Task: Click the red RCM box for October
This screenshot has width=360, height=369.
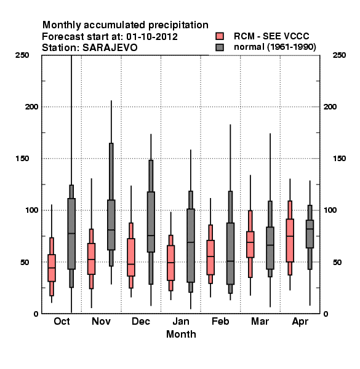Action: (52, 268)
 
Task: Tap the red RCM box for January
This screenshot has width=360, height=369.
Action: (170, 263)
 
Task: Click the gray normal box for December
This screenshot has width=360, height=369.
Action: (151, 222)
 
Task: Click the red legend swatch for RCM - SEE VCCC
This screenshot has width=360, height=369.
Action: (220, 36)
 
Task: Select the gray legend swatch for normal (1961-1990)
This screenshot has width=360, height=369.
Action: (220, 47)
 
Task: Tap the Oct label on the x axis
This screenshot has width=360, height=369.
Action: (62, 321)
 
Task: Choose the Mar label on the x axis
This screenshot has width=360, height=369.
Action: (260, 321)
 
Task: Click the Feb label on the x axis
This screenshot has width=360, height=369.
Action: (220, 321)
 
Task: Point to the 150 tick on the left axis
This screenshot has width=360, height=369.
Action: (22, 159)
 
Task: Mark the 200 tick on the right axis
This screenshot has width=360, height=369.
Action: (330, 107)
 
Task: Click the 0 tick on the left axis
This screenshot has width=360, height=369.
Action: (36, 314)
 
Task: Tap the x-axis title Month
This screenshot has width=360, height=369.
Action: (181, 334)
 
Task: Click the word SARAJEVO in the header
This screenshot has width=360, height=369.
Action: (110, 48)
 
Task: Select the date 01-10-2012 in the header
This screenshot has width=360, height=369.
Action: (152, 37)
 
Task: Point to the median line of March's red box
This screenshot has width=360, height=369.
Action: (250, 242)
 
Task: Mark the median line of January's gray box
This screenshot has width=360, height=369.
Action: (191, 242)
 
